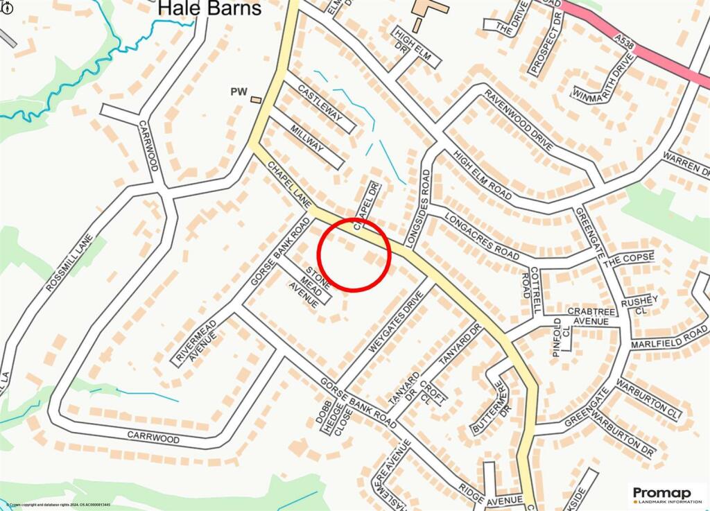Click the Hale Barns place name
(209, 9)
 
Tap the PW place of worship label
(239, 92)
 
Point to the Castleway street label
(320, 102)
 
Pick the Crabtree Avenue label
(589, 316)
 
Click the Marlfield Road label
(668, 339)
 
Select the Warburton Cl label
(655, 401)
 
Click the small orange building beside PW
(257, 101)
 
